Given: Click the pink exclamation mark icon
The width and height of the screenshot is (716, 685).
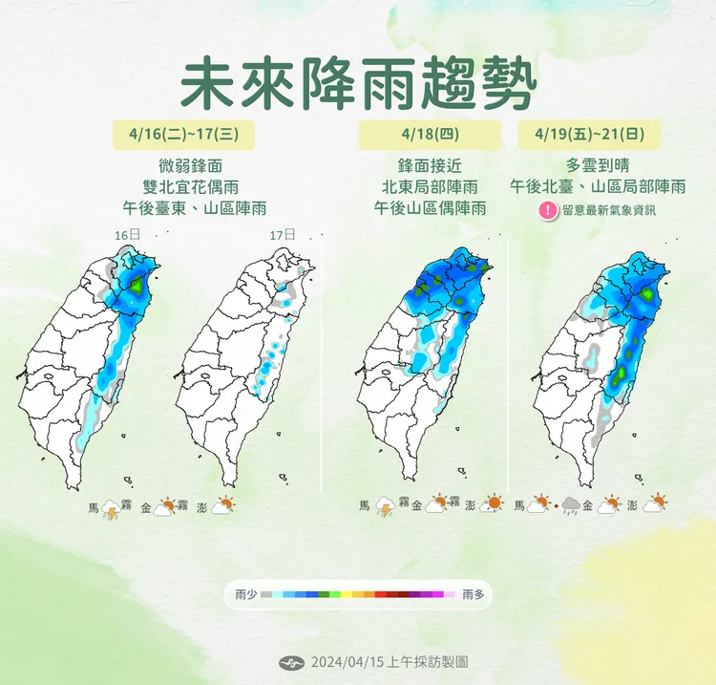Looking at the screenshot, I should [547, 211].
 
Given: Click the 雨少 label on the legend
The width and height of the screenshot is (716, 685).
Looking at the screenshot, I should [246, 594].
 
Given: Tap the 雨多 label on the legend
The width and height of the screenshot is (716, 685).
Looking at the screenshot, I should [473, 594].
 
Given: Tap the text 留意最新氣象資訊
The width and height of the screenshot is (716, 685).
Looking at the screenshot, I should [609, 211].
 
